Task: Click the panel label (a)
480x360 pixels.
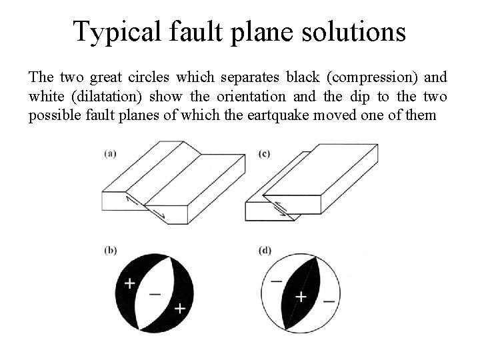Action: [111, 154]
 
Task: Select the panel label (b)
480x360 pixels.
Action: [111, 251]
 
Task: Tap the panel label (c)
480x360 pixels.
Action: [264, 154]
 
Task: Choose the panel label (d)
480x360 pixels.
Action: [264, 251]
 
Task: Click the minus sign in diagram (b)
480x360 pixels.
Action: [155, 293]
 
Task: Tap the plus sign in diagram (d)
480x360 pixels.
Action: [301, 295]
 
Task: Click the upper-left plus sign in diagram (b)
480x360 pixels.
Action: [129, 283]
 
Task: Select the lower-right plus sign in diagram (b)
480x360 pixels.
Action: [179, 308]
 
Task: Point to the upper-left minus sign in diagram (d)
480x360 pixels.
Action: [276, 281]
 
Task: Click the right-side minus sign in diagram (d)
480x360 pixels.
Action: [328, 301]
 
